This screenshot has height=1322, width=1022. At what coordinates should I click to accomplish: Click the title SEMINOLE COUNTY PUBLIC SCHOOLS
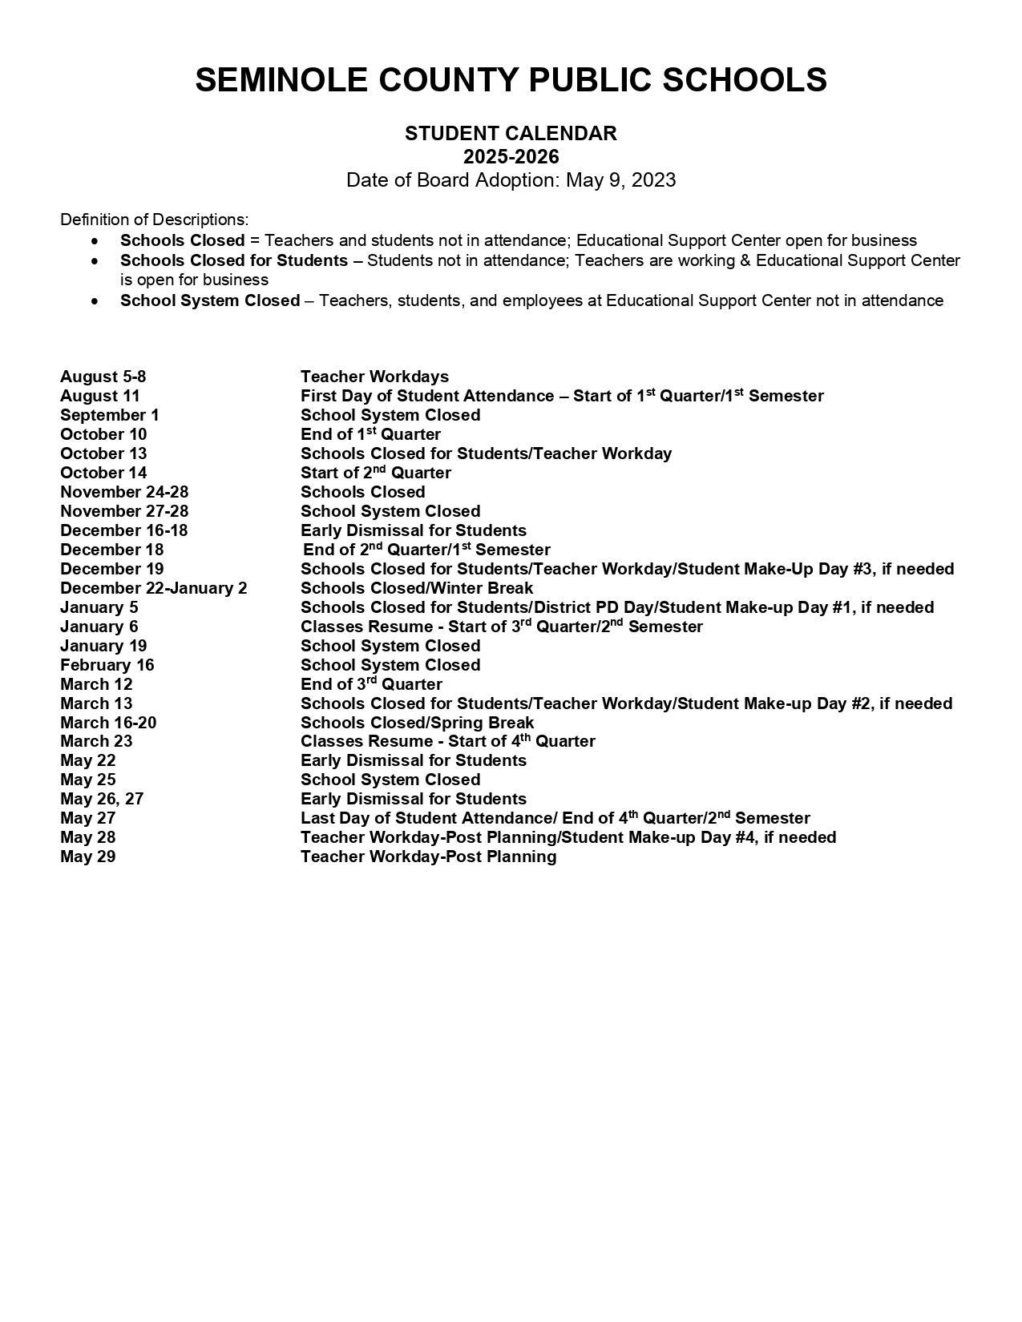511,80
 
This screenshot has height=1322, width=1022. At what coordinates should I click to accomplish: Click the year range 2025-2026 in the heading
511,156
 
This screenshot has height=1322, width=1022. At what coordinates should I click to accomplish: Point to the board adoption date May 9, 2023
620,179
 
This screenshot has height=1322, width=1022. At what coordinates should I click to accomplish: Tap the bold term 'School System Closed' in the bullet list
210,300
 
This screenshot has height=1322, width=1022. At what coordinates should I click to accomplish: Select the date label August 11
100,396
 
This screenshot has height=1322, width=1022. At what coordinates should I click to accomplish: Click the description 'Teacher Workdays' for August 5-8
374,377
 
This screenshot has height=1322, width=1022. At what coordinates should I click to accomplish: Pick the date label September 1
110,415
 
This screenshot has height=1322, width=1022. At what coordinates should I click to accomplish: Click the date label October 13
103,453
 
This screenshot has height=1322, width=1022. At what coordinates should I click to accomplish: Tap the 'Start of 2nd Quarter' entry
375,473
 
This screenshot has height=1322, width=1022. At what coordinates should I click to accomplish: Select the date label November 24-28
124,492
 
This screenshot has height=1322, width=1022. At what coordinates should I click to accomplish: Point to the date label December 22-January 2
154,588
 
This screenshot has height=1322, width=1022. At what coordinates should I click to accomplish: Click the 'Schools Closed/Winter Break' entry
417,588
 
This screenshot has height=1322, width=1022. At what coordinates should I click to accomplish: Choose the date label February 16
107,665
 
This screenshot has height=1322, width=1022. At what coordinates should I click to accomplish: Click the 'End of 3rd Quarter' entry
371,684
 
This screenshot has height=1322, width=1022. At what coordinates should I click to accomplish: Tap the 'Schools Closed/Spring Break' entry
417,723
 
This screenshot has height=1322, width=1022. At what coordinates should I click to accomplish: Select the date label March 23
96,741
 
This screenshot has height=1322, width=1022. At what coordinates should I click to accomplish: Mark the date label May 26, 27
102,799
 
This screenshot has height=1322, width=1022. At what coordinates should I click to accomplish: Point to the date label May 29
88,856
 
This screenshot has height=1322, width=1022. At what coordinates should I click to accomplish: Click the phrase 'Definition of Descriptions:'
155,220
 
